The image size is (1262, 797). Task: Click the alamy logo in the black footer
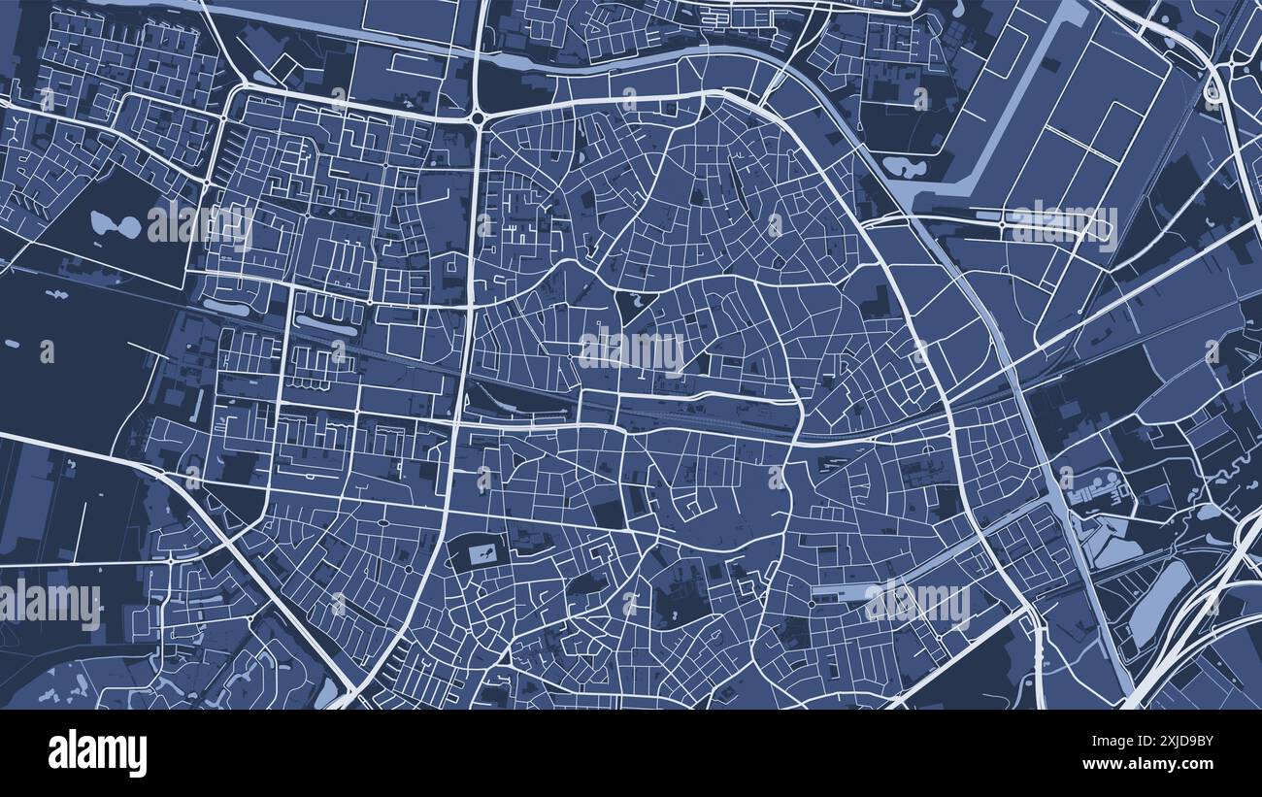(x=97, y=753)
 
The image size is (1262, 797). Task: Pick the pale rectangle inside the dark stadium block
(x=482, y=554)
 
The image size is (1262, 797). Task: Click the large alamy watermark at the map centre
(x=631, y=350)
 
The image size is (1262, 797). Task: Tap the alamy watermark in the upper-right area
(x=1064, y=224)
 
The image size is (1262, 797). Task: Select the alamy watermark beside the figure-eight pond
(x=200, y=224)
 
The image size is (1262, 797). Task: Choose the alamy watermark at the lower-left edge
(x=50, y=604)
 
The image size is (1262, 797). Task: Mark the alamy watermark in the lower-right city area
(x=916, y=603)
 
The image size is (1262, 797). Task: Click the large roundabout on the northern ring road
(x=478, y=118)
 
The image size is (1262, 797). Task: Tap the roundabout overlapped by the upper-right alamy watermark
(x=1002, y=225)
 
